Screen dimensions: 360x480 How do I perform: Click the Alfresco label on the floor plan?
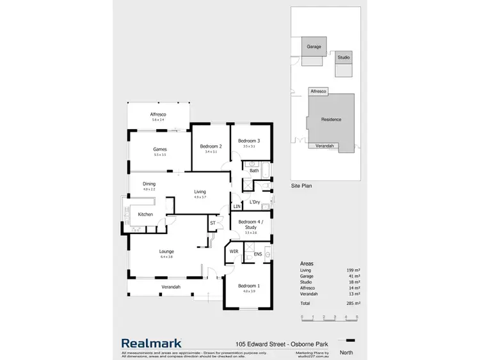[158, 114]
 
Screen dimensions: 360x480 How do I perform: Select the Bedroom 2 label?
[211, 146]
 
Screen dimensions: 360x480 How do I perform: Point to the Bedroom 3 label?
[248, 141]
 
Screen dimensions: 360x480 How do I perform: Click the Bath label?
[254, 171]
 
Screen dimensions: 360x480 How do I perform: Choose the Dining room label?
[149, 184]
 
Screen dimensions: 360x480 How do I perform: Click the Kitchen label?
[145, 214]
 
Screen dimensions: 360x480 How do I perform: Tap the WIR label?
[234, 252]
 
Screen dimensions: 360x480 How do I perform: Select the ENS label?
[257, 254]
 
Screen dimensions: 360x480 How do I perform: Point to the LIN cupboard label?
[237, 207]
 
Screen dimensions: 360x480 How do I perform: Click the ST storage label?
[213, 223]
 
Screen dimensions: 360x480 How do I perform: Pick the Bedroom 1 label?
[248, 286]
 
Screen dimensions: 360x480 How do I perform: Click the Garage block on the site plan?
[314, 47]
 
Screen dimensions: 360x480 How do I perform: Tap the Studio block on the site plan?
[344, 58]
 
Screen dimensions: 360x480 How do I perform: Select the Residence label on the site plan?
[331, 120]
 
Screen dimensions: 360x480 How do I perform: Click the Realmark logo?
[152, 343]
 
